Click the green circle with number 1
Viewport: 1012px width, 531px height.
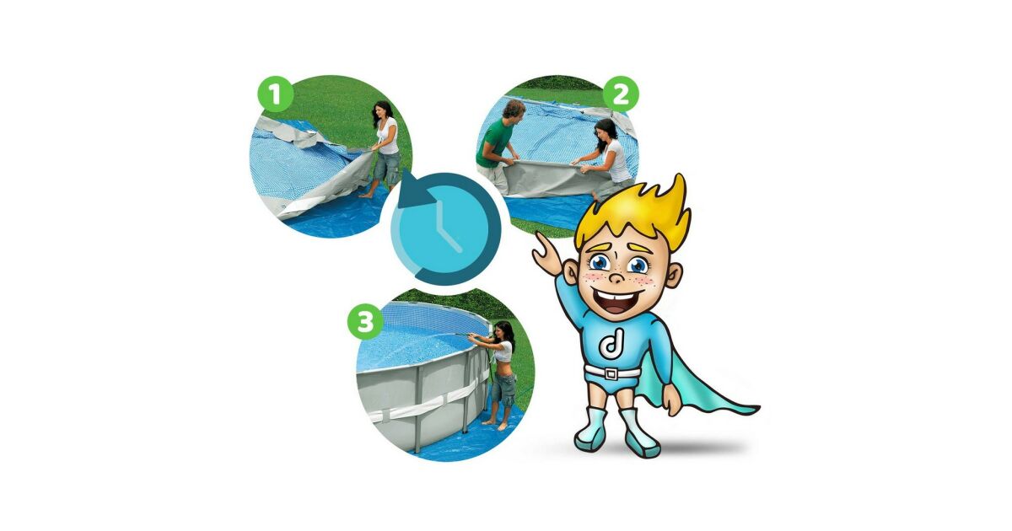(x=276, y=94)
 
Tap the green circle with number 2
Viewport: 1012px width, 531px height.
(x=622, y=94)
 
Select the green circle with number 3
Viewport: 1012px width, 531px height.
(x=365, y=322)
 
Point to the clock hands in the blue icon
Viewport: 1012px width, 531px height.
(x=446, y=228)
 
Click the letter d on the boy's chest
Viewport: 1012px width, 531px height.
(x=611, y=342)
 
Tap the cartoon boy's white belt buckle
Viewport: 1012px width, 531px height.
(x=611, y=374)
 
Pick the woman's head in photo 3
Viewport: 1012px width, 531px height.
(x=503, y=332)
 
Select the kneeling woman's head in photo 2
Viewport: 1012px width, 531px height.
(x=606, y=131)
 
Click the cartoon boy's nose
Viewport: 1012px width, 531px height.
(x=616, y=276)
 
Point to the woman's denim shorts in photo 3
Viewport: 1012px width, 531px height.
(x=503, y=388)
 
